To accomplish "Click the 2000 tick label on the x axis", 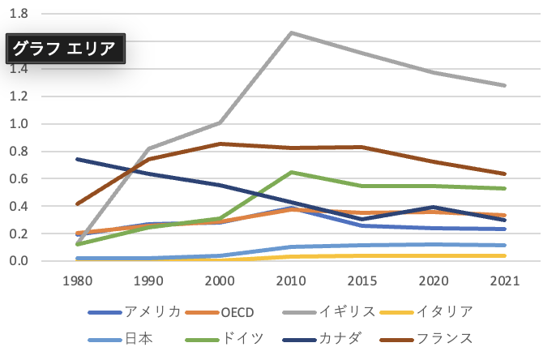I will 219,281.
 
